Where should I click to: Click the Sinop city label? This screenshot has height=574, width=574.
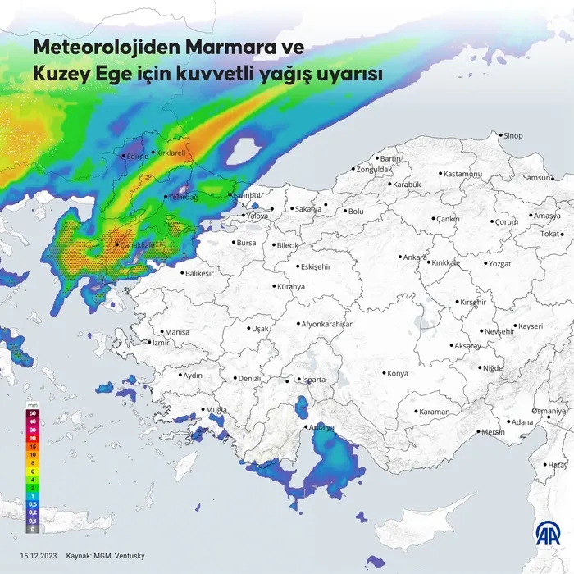pos(513,135)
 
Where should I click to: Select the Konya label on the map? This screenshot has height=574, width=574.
pos(398,374)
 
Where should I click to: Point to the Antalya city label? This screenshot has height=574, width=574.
pos(321,427)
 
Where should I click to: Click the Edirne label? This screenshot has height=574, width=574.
pos(137,156)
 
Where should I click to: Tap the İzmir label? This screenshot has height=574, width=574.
pos(161,343)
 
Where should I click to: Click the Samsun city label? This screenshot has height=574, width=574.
pos(538,178)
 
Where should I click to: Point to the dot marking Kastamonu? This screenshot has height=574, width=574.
pos(441,174)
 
